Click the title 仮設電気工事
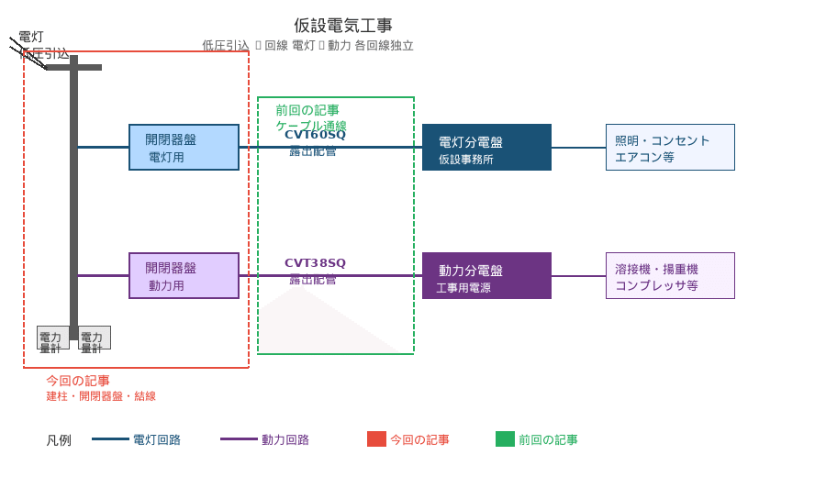coord(343,26)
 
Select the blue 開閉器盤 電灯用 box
coord(184,148)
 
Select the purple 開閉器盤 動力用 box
coord(184,276)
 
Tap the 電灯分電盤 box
coord(486,148)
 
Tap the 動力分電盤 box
coord(486,276)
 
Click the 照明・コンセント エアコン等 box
coord(670,148)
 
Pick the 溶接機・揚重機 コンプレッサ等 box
coord(670,276)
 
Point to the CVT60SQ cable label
coord(315,135)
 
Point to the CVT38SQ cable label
coord(315,263)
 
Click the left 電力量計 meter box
coord(52,338)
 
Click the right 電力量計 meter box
coord(95,338)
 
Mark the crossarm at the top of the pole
coord(73,67)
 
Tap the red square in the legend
coord(376,439)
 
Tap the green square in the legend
coord(505,439)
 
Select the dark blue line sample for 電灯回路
coord(110,439)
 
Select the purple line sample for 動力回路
coord(239,439)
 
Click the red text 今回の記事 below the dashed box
coord(78,381)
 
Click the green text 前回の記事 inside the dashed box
coord(307,110)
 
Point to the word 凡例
coord(59,440)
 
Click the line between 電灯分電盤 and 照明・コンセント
coord(578,148)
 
